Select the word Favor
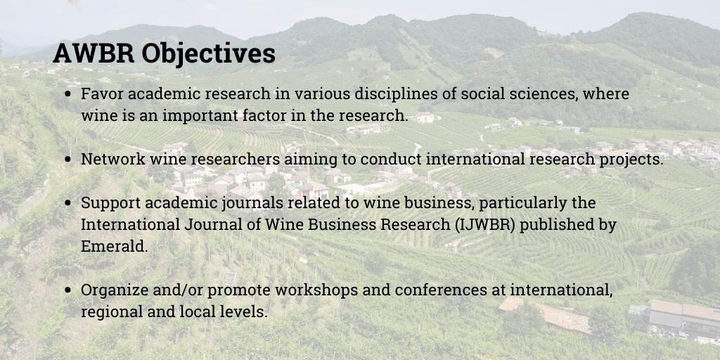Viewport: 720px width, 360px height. click(100, 94)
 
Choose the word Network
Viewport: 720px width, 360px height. click(110, 159)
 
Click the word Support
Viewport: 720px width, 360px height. click(108, 203)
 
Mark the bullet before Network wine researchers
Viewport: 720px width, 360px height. click(67, 160)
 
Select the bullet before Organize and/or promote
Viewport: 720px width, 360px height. click(67, 290)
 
